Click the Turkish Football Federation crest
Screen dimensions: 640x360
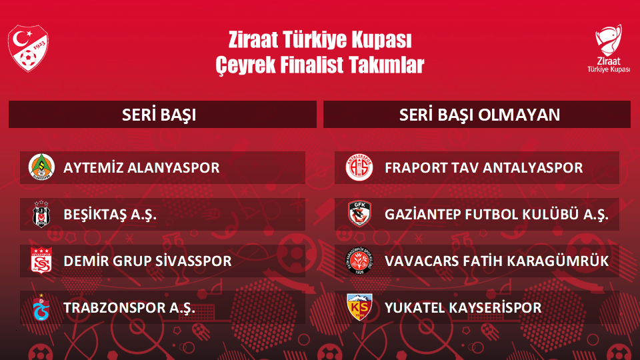(x=28, y=48)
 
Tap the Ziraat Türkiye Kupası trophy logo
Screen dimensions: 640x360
(x=608, y=49)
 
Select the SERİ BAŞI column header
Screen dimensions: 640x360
(x=159, y=115)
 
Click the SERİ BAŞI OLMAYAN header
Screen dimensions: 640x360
(x=479, y=115)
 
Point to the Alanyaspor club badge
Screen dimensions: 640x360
(x=41, y=167)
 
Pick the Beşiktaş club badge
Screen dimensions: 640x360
(x=41, y=214)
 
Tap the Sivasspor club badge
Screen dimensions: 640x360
(x=41, y=261)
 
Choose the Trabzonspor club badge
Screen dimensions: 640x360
(x=41, y=307)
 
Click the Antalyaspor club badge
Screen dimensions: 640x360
(x=359, y=167)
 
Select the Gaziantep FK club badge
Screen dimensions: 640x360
(x=359, y=214)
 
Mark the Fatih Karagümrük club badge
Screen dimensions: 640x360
(x=359, y=261)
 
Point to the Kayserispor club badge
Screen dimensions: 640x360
(x=359, y=307)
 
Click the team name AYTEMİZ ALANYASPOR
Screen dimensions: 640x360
(x=141, y=168)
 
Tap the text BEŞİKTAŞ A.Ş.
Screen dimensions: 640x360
(x=110, y=214)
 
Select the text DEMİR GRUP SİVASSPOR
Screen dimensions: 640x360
(x=147, y=261)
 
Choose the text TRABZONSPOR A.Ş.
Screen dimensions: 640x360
(x=129, y=308)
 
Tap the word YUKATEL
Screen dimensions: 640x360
(x=413, y=308)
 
